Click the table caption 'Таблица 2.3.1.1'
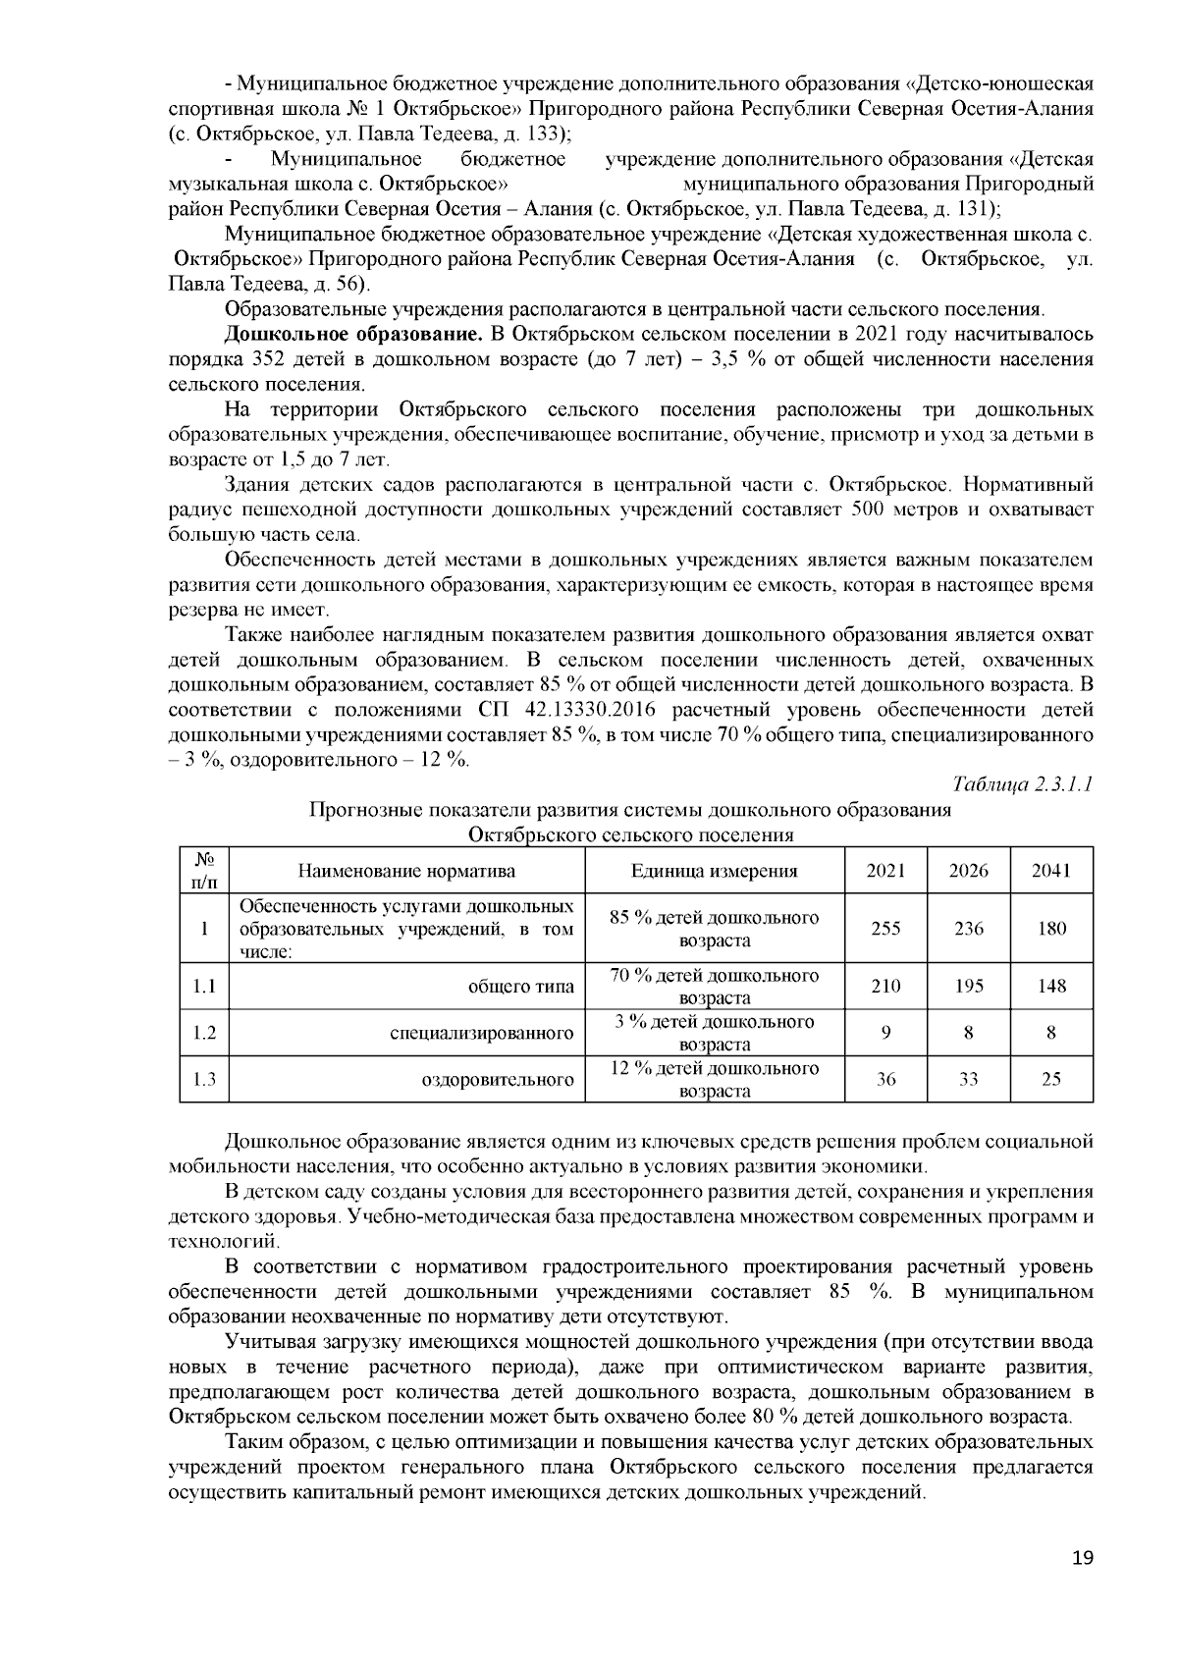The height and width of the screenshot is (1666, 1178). click(x=1023, y=784)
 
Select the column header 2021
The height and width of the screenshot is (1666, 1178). click(x=885, y=871)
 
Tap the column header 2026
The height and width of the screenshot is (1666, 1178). click(x=969, y=871)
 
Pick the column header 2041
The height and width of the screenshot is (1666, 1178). click(x=1051, y=871)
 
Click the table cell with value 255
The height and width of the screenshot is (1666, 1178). click(x=885, y=929)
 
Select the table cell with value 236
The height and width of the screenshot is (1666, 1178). click(x=969, y=929)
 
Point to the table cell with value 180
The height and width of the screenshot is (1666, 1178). click(x=1051, y=929)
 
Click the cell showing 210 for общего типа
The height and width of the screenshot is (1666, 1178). click(x=885, y=986)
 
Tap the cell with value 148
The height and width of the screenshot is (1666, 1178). click(x=1051, y=986)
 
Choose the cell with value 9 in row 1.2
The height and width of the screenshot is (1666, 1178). click(x=885, y=1033)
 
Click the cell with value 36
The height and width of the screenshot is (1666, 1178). click(x=885, y=1079)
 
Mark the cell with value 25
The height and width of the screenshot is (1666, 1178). click(x=1051, y=1079)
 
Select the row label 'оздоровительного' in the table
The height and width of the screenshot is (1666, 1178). click(x=498, y=1080)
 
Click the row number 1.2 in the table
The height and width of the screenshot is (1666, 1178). click(x=203, y=1033)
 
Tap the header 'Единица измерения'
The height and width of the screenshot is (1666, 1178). click(x=714, y=871)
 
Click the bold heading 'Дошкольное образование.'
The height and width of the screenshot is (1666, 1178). click(x=355, y=334)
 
